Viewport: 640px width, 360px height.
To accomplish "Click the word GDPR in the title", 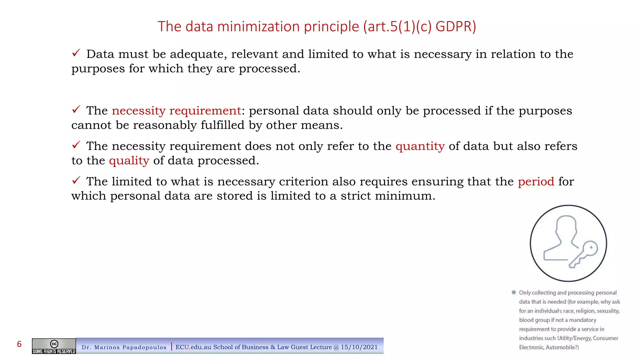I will [456, 27].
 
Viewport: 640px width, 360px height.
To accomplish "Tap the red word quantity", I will [420, 146].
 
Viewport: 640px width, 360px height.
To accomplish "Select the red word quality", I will [129, 161].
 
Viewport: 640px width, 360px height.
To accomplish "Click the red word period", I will [536, 182].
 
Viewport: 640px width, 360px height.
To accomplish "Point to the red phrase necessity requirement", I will [176, 111].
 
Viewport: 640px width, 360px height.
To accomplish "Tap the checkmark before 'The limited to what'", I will [76, 180].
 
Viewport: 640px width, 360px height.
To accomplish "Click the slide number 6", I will [19, 344].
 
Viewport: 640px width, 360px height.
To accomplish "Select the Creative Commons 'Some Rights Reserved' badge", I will [54, 346].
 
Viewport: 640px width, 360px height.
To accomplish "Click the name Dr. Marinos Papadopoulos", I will [124, 347].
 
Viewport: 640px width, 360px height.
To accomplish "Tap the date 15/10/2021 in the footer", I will [359, 347].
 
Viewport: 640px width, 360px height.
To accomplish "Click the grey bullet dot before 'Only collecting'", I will [513, 292].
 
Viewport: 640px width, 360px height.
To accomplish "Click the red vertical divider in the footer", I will [172, 347].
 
